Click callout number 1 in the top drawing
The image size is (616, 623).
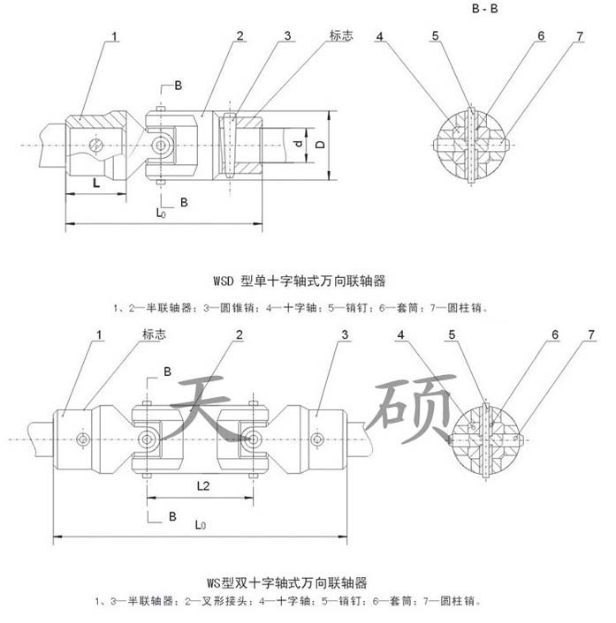coord(115,37)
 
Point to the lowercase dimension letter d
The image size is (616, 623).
coord(299,143)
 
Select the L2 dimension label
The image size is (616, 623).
coord(203,486)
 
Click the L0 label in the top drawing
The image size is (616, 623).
coord(161,213)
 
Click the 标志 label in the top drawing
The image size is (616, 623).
coord(340,36)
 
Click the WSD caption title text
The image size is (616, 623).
coord(299,281)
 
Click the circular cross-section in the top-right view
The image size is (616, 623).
coord(473,145)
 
